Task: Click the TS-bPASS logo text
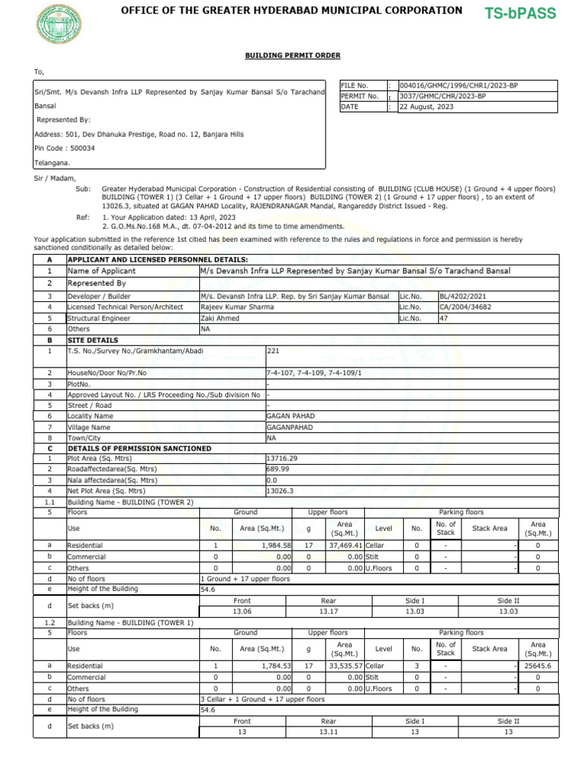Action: click(x=521, y=13)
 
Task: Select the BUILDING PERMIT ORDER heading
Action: click(x=292, y=56)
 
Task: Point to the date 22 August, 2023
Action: click(x=426, y=107)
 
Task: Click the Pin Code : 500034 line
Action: click(x=65, y=148)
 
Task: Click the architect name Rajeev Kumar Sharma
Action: click(x=237, y=307)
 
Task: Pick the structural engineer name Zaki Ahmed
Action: click(x=221, y=319)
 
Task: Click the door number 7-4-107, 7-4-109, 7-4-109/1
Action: click(x=314, y=374)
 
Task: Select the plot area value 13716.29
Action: click(x=283, y=459)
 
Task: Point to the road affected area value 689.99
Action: click(x=278, y=469)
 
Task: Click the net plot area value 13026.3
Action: click(x=280, y=491)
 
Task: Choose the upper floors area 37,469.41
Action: click(x=344, y=545)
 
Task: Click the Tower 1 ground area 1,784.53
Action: click(x=276, y=666)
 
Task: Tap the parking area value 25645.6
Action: click(x=538, y=666)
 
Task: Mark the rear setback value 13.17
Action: click(x=328, y=611)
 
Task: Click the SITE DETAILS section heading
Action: click(x=93, y=341)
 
